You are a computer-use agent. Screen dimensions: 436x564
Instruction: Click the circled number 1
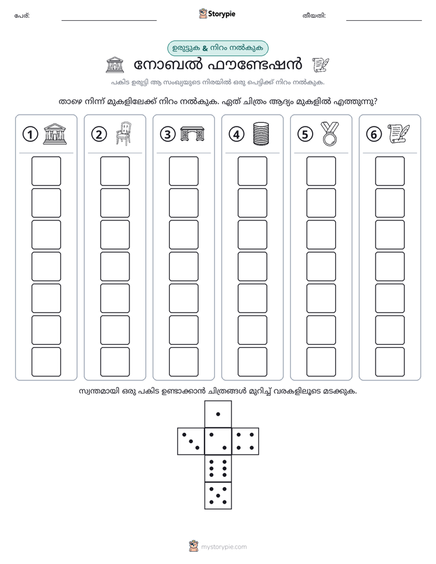pos(30,134)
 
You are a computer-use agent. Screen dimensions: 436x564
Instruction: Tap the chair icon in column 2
pos(123,134)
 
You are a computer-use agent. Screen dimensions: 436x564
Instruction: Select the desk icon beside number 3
pos(192,134)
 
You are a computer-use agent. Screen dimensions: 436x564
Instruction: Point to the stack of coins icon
pos(261,134)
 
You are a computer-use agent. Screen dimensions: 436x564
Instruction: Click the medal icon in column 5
pos(330,134)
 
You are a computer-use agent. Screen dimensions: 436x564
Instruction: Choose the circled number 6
pos(374,134)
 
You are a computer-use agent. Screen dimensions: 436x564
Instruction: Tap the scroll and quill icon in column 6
pos(399,134)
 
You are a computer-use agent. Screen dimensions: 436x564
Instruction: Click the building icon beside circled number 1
pos(55,134)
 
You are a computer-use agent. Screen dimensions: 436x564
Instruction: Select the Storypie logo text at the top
pos(222,14)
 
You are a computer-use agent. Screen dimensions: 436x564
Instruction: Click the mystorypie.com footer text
pos(223,547)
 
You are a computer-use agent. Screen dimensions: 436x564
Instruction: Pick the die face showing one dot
pos(218,414)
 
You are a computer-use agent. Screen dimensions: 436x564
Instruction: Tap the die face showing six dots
pos(218,468)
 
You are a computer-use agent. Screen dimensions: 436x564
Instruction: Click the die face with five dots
pos(218,496)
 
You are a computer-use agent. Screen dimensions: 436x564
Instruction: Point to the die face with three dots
pos(191,441)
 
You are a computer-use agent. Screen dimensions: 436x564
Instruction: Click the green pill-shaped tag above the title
pos(217,48)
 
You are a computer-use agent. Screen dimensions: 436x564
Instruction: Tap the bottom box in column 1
pos(46,362)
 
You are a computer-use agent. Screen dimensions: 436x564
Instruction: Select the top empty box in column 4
pos(253,171)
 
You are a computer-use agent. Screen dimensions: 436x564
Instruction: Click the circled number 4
pos(236,134)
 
